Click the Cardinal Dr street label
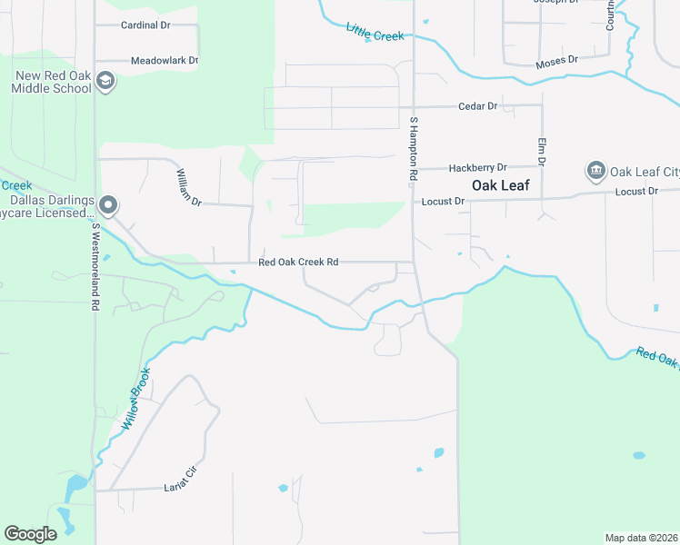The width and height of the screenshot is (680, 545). click(146, 25)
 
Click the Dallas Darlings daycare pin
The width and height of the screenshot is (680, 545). click(108, 206)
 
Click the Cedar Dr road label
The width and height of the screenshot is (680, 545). click(478, 106)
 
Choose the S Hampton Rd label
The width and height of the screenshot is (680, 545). click(413, 146)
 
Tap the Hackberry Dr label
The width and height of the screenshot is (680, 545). click(477, 168)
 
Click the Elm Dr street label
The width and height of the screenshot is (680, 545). click(541, 152)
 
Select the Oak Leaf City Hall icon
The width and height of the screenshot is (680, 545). click(596, 171)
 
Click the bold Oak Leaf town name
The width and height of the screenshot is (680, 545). click(500, 184)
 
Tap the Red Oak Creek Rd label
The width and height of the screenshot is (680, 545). click(298, 262)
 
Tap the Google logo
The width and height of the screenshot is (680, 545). click(30, 534)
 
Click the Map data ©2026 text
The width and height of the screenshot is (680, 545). click(640, 538)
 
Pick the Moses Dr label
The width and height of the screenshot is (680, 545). click(557, 60)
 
